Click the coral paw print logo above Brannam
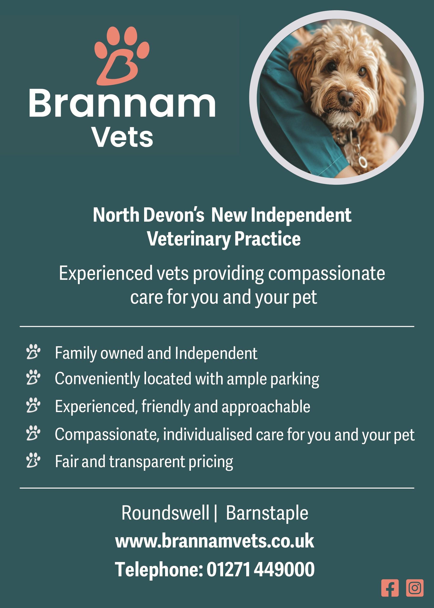(x=122, y=56)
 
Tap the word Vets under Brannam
(x=122, y=137)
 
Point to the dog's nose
(x=347, y=97)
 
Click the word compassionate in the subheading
(x=327, y=274)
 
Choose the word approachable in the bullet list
(x=266, y=407)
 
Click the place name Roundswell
(x=165, y=513)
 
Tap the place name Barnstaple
(x=267, y=513)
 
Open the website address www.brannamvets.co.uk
(x=214, y=541)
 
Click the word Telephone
(x=159, y=569)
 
